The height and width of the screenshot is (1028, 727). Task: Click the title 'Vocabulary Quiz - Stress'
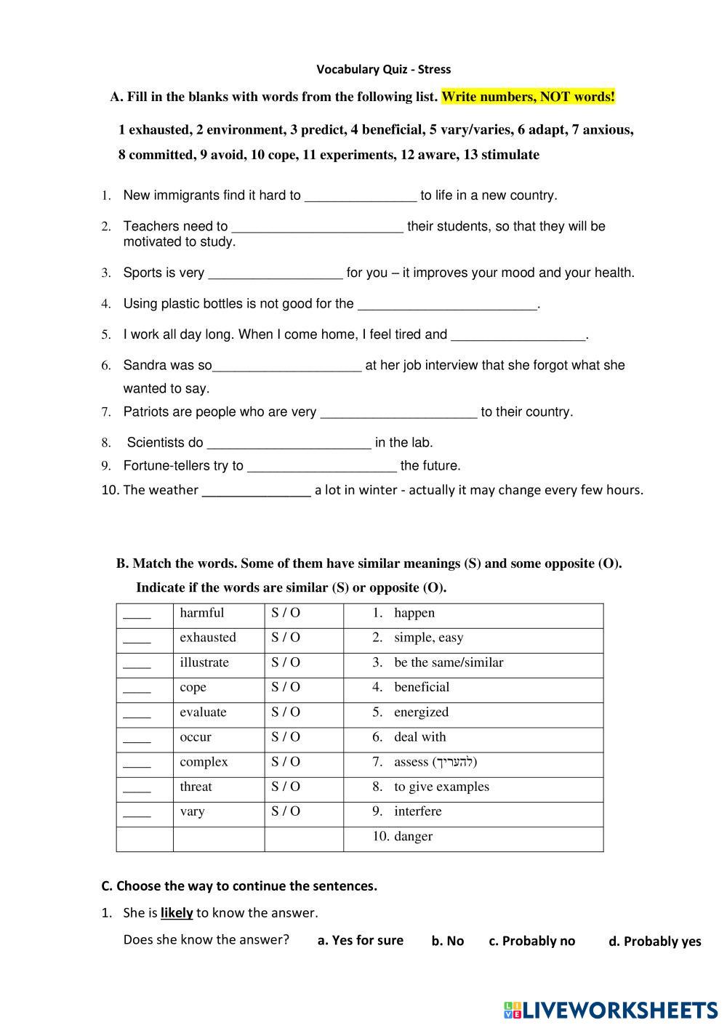click(383, 70)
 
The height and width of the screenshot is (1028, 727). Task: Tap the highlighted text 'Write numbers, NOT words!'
click(528, 97)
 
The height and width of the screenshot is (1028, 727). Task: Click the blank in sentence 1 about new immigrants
click(360, 196)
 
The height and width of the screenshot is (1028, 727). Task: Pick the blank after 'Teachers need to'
click(317, 227)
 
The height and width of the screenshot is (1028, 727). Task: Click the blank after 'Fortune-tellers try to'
click(322, 466)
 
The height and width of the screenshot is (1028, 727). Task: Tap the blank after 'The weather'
click(256, 491)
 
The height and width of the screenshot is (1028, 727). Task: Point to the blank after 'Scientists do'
click(289, 443)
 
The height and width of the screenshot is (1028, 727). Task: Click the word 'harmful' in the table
click(202, 613)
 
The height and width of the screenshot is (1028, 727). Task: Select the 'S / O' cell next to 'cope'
click(286, 687)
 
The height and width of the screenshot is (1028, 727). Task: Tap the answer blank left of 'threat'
click(137, 787)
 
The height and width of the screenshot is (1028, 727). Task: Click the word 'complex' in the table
click(204, 762)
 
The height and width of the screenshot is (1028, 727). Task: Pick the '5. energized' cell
click(411, 712)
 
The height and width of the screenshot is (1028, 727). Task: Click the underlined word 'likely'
click(177, 913)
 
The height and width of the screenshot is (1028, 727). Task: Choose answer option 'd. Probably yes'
click(654, 941)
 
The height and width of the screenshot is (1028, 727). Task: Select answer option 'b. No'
click(447, 941)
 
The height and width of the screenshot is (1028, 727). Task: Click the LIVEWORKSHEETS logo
click(610, 1010)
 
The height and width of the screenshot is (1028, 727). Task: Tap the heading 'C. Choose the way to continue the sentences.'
click(239, 886)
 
